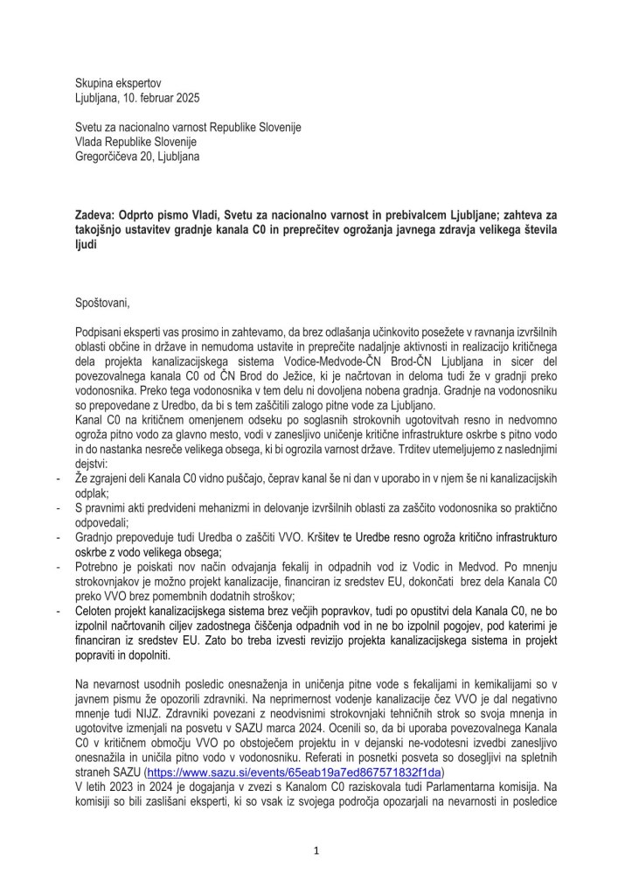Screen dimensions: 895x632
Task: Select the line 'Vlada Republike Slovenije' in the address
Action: tap(135, 142)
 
